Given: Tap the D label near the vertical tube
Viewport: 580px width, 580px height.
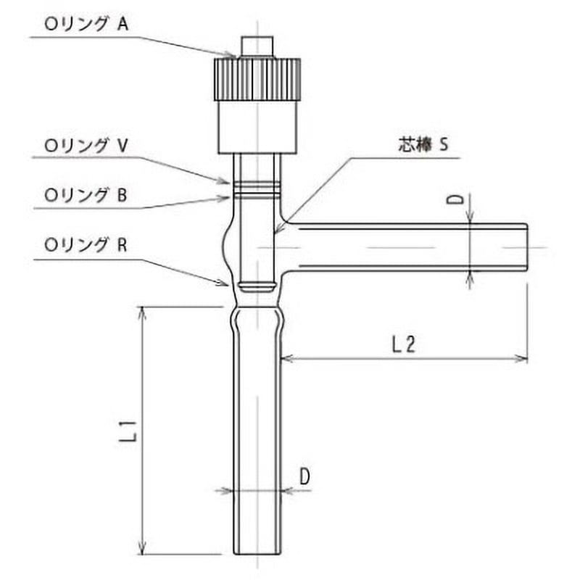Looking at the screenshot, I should point(304,476).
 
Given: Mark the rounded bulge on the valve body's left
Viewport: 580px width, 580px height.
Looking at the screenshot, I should point(225,246).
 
